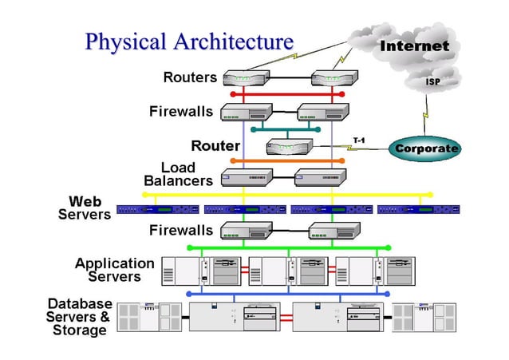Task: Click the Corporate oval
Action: coord(427,148)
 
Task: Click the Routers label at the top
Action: coord(190,77)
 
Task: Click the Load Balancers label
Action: coord(178,174)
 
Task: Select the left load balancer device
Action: coord(247,176)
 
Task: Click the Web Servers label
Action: coord(85,208)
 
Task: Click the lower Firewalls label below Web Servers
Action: coord(181,231)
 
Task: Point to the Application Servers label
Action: coord(115,270)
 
